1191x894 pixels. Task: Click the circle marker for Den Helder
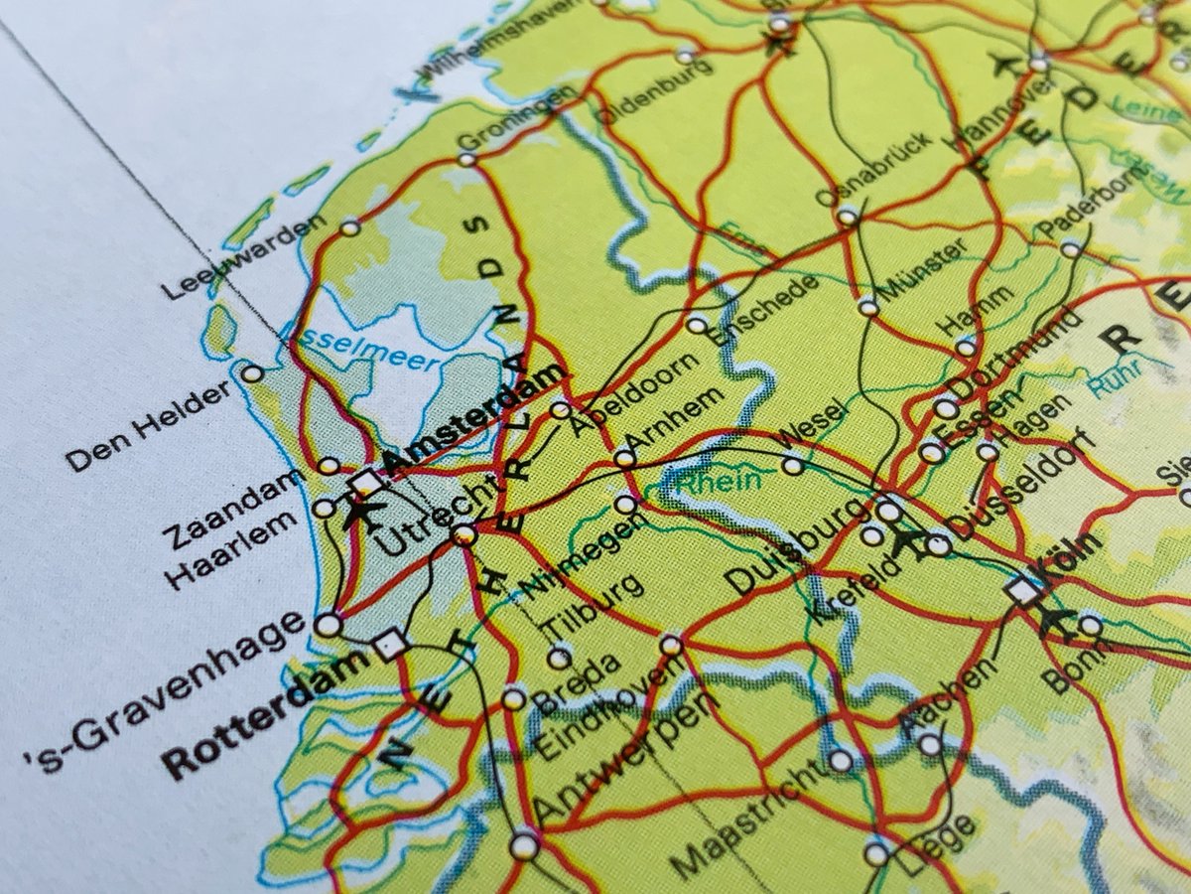coord(252,373)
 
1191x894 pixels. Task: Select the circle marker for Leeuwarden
coord(349,227)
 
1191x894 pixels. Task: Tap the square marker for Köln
coord(1022,591)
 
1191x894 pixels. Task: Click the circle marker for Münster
coord(868,307)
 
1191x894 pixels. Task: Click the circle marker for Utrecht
coord(463,535)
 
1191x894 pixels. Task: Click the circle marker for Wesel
coord(792,465)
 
